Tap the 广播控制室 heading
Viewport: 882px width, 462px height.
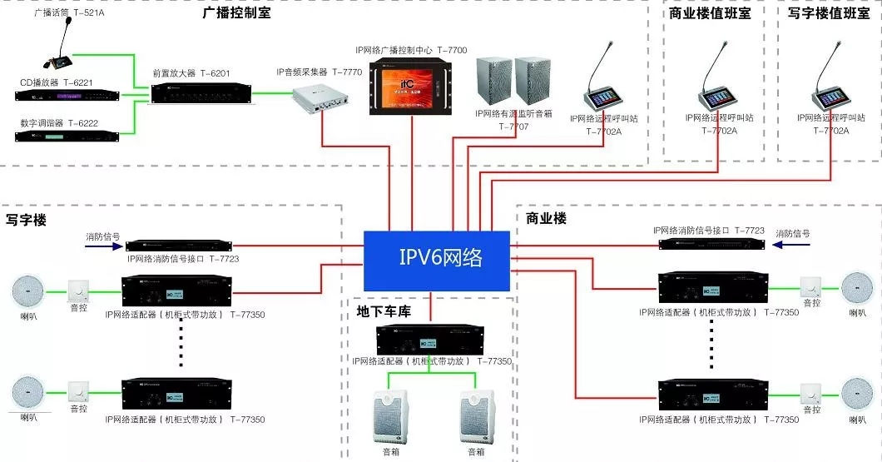[236, 13]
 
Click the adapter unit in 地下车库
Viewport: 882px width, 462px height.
[429, 340]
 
